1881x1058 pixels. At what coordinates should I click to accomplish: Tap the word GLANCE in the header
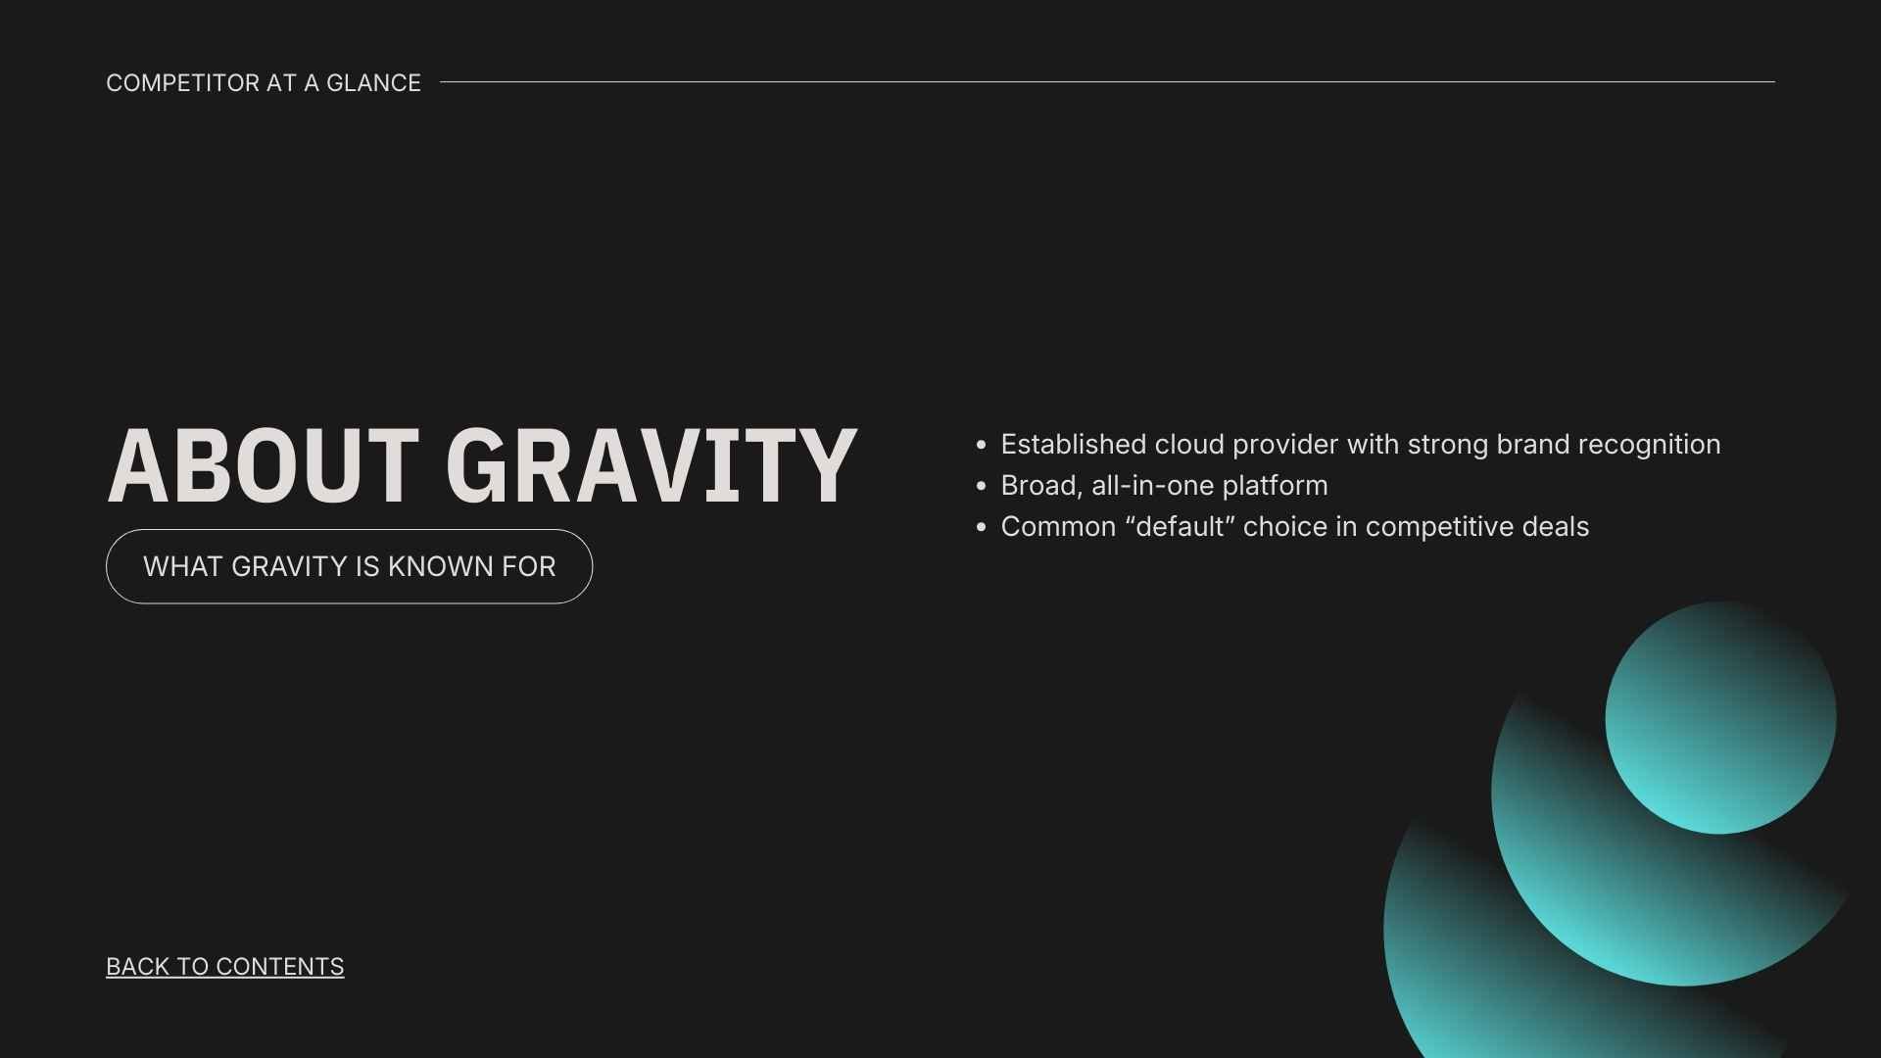click(373, 83)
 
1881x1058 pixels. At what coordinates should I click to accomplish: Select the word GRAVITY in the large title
click(651, 466)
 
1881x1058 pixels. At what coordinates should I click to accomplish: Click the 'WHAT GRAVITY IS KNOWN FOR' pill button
click(349, 566)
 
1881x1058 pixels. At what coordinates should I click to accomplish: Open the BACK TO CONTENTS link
click(225, 966)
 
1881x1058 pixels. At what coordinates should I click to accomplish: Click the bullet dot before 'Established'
click(981, 445)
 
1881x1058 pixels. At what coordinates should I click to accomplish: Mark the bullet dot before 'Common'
click(981, 527)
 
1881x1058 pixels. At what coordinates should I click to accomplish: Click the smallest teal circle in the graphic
click(1720, 718)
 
